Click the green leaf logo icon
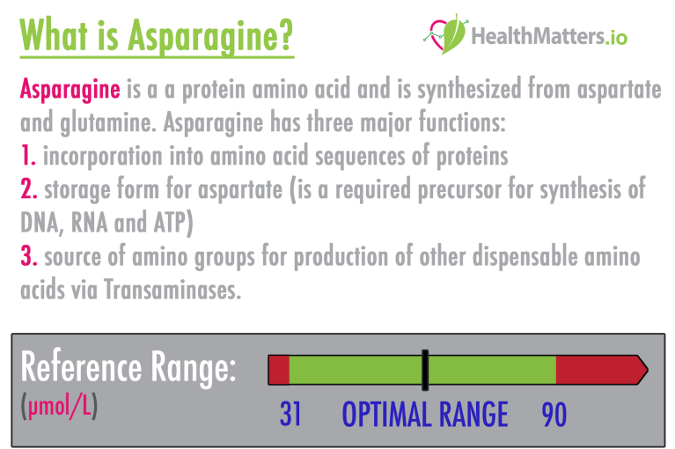pyautogui.click(x=447, y=33)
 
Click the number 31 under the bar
pyautogui.click(x=290, y=414)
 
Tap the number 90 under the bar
pyautogui.click(x=554, y=414)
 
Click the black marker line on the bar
pyautogui.click(x=424, y=370)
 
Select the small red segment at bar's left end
pyautogui.click(x=278, y=370)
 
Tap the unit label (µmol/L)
pyautogui.click(x=57, y=408)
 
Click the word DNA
pyautogui.click(x=41, y=223)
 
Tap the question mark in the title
pyautogui.click(x=284, y=35)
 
